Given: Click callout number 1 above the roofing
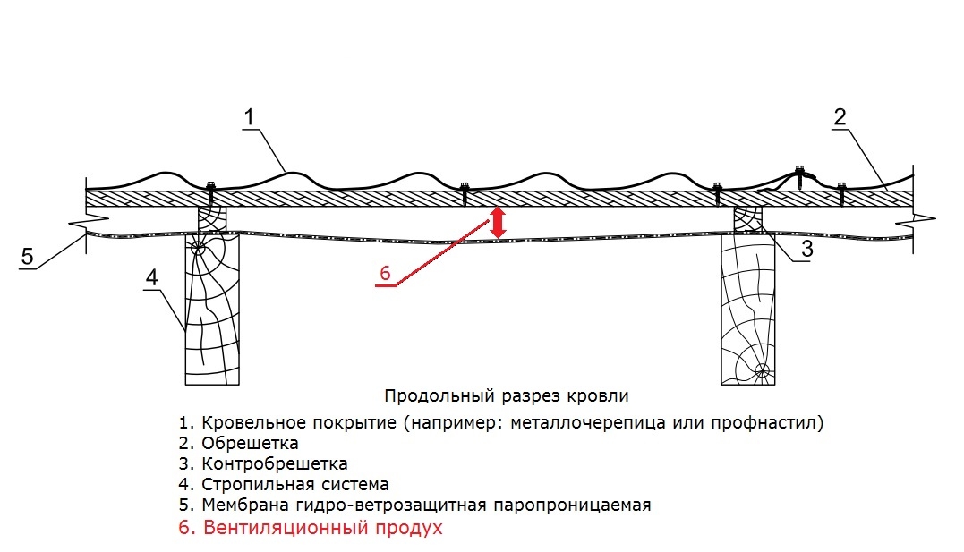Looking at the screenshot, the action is point(249,117).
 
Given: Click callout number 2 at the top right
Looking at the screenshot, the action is point(840,117).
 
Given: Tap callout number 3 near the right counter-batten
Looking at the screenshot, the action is point(806,249).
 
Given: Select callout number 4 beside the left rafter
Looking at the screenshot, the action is point(151,277).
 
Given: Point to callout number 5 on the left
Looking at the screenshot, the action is point(27,257).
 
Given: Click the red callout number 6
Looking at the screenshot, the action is point(385,273).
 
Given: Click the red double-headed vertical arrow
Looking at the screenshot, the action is point(498,223).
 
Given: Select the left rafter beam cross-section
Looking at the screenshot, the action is point(212,310).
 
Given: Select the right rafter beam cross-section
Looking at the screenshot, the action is point(747,310).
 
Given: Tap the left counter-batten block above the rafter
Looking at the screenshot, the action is point(212,219).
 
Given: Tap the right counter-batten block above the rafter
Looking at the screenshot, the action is point(748,219).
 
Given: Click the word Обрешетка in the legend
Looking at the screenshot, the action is point(250,443).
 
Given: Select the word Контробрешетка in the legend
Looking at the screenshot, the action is point(274,463).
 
